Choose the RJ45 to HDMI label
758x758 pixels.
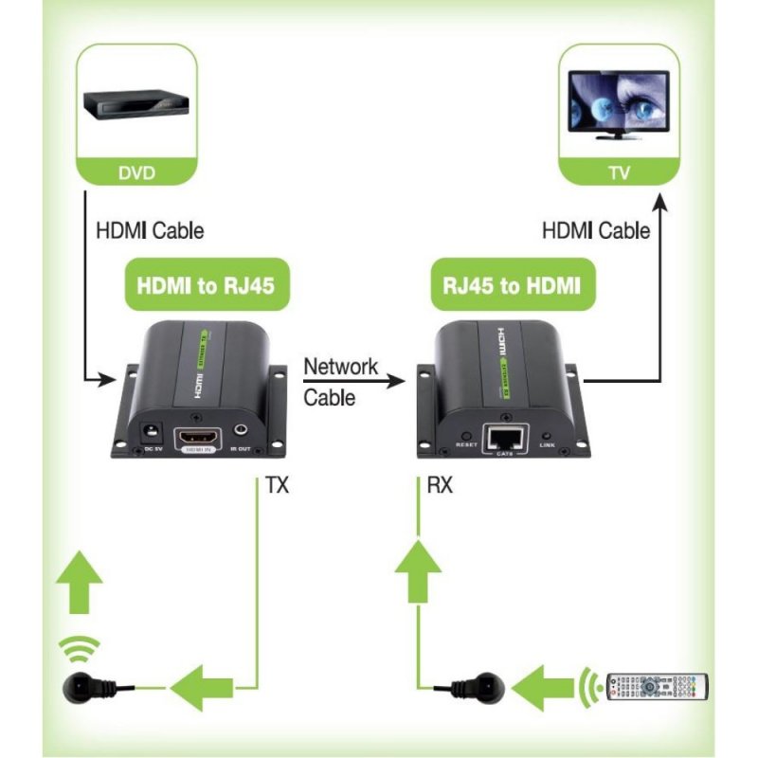point(513,286)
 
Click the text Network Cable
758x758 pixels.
point(340,382)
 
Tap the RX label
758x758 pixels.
point(440,487)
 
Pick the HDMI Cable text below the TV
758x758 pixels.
point(596,230)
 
